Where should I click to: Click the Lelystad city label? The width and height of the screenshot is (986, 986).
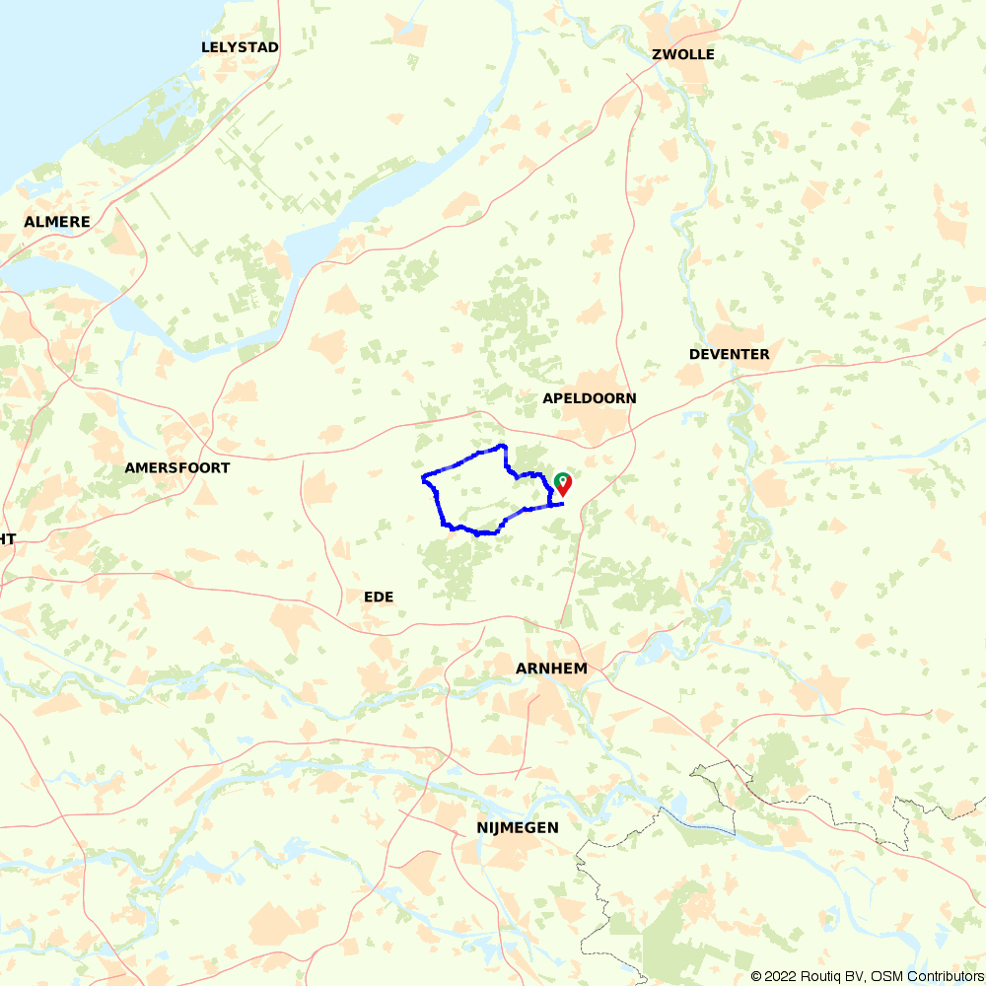click(240, 47)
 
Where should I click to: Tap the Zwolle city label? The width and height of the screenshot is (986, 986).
click(683, 54)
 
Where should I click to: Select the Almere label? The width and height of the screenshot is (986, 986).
click(57, 222)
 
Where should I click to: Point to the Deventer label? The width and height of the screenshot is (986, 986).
click(730, 354)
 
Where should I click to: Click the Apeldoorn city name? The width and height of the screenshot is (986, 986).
click(590, 398)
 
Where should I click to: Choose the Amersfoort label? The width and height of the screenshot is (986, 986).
click(177, 467)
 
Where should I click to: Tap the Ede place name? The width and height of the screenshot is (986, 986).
click(379, 597)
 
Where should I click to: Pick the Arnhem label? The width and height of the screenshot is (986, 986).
click(551, 669)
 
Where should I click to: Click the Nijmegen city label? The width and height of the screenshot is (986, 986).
click(511, 828)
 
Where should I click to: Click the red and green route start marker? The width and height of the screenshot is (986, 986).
click(562, 483)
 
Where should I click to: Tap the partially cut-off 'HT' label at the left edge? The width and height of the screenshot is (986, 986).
click(8, 538)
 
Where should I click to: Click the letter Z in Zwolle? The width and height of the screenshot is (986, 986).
click(658, 54)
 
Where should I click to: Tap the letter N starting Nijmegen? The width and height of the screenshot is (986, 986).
click(468, 828)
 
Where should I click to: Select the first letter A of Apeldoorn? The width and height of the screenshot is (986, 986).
click(548, 398)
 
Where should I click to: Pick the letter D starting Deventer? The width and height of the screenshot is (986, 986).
click(694, 354)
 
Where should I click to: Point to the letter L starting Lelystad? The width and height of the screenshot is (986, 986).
click(206, 47)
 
